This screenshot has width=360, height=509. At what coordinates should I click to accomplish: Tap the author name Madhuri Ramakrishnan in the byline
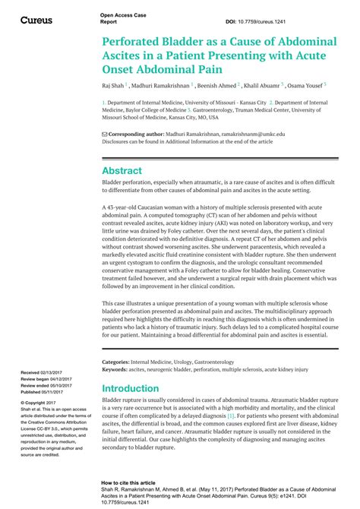[161, 86]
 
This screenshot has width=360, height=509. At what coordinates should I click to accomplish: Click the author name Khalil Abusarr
[260, 86]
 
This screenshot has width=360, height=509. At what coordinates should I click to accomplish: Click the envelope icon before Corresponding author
[105, 134]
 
